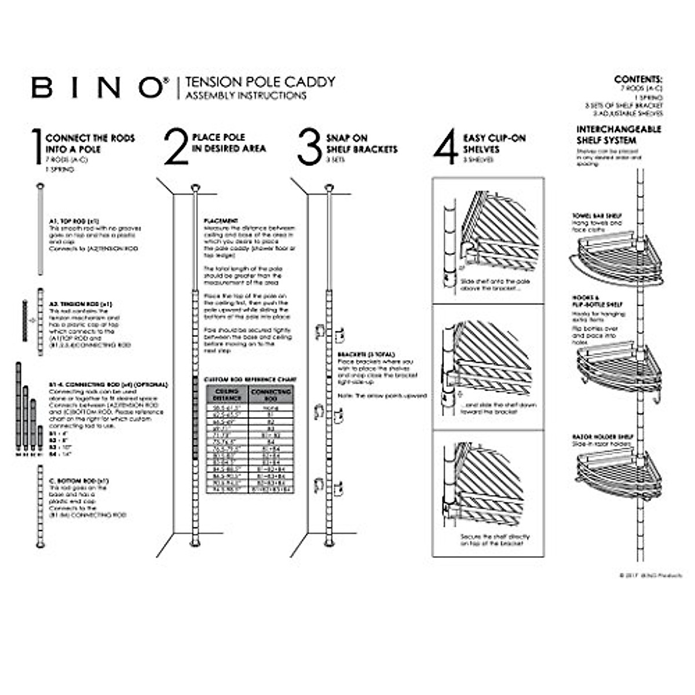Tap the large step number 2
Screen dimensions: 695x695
point(175,147)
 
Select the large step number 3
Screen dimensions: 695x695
point(309,147)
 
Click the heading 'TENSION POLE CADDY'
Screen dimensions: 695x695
point(260,82)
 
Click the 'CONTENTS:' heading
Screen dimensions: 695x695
point(638,79)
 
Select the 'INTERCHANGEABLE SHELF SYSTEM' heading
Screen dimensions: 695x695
point(618,135)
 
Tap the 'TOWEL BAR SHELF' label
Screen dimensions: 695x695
point(597,216)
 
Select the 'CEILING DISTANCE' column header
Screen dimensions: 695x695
point(227,395)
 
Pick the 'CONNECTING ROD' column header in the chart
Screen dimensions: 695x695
point(270,395)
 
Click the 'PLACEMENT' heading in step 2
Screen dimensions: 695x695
point(221,221)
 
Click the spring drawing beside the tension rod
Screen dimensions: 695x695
point(25,320)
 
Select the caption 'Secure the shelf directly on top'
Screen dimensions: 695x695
point(495,540)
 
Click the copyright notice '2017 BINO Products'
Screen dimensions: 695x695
point(650,576)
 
